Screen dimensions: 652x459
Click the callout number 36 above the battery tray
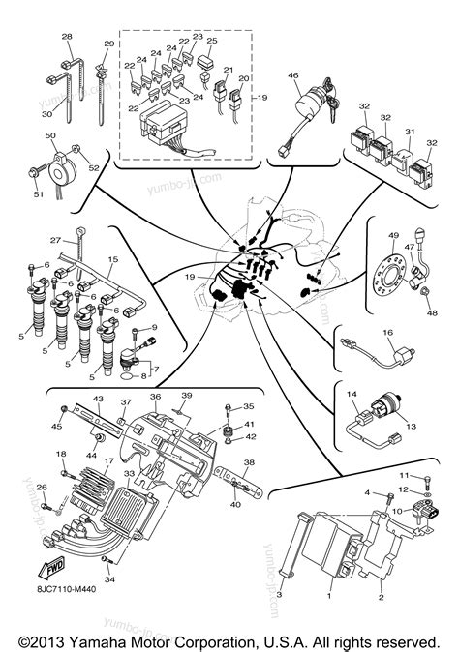(x=155, y=398)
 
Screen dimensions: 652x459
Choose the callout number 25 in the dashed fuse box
(x=212, y=42)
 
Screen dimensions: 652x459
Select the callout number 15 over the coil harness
(x=112, y=260)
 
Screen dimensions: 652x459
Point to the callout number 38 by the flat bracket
(x=248, y=462)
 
